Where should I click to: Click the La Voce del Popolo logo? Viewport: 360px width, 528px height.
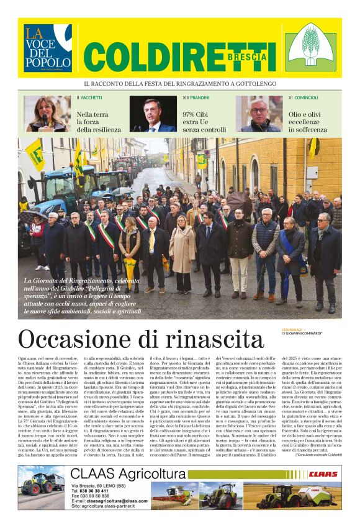pos(48,48)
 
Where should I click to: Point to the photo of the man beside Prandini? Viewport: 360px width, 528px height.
pos(153,114)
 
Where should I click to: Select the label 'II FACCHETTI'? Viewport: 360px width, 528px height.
pos(90,98)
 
